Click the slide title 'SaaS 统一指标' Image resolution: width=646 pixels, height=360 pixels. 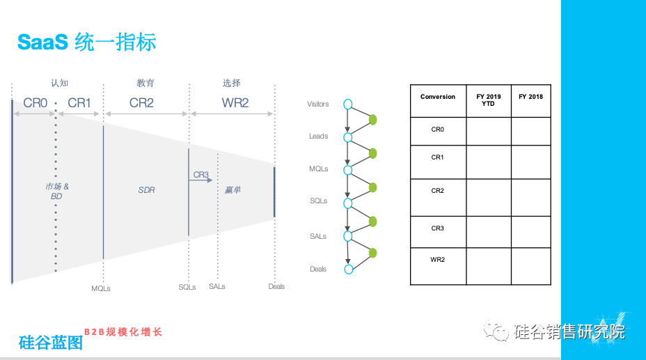(x=86, y=42)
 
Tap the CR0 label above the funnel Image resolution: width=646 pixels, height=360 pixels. (x=35, y=102)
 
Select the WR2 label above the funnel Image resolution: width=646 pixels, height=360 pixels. (x=235, y=102)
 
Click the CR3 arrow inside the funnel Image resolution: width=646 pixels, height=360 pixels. (x=200, y=180)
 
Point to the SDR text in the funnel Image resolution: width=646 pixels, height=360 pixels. (x=146, y=190)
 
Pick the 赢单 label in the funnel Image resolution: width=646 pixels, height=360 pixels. (x=233, y=190)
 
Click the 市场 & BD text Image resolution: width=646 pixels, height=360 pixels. (x=57, y=191)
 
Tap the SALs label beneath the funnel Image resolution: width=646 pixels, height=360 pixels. (x=216, y=286)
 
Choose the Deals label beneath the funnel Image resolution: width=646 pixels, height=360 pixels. (x=276, y=286)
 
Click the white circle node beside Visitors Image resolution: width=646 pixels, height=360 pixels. (x=348, y=104)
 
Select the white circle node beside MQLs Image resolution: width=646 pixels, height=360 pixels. (x=348, y=170)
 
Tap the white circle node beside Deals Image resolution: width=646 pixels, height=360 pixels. (x=349, y=269)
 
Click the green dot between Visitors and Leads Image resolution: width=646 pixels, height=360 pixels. (x=373, y=120)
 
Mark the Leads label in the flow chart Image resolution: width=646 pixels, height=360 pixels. (x=318, y=136)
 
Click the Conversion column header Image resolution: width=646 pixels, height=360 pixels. (x=438, y=97)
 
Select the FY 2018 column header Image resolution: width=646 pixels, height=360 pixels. (x=530, y=97)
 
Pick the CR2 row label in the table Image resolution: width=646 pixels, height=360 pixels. (x=438, y=191)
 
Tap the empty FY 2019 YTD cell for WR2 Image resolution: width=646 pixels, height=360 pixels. (x=489, y=266)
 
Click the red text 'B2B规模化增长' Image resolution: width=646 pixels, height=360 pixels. (x=123, y=332)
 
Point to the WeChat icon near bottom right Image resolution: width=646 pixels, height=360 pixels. (x=496, y=331)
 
